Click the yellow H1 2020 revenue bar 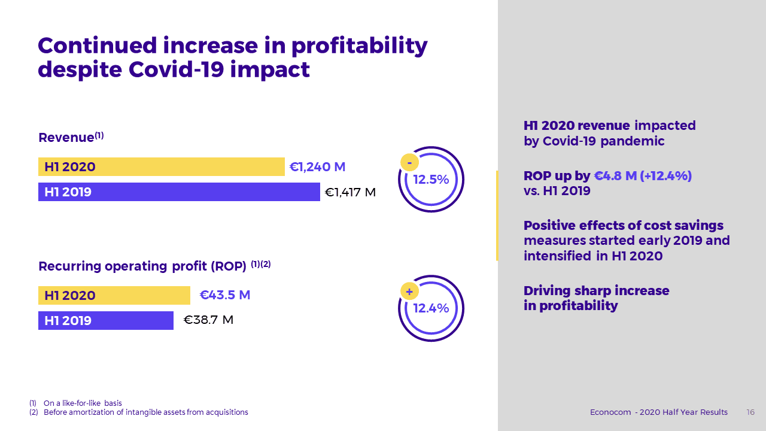tap(162, 167)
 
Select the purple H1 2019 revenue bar tap(179, 192)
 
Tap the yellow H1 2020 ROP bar tap(114, 295)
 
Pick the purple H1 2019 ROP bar tap(106, 320)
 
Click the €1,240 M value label tap(317, 167)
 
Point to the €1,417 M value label tap(350, 192)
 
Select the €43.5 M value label tap(224, 295)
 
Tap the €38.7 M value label tap(208, 320)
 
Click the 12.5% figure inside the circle tap(431, 180)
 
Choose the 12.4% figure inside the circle tap(431, 308)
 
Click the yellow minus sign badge tap(409, 162)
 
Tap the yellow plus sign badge tap(409, 292)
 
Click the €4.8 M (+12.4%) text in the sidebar tap(643, 176)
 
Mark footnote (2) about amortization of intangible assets tap(139, 412)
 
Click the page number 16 tap(750, 412)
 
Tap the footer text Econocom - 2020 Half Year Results tap(659, 412)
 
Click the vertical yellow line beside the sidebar tap(497, 215)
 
